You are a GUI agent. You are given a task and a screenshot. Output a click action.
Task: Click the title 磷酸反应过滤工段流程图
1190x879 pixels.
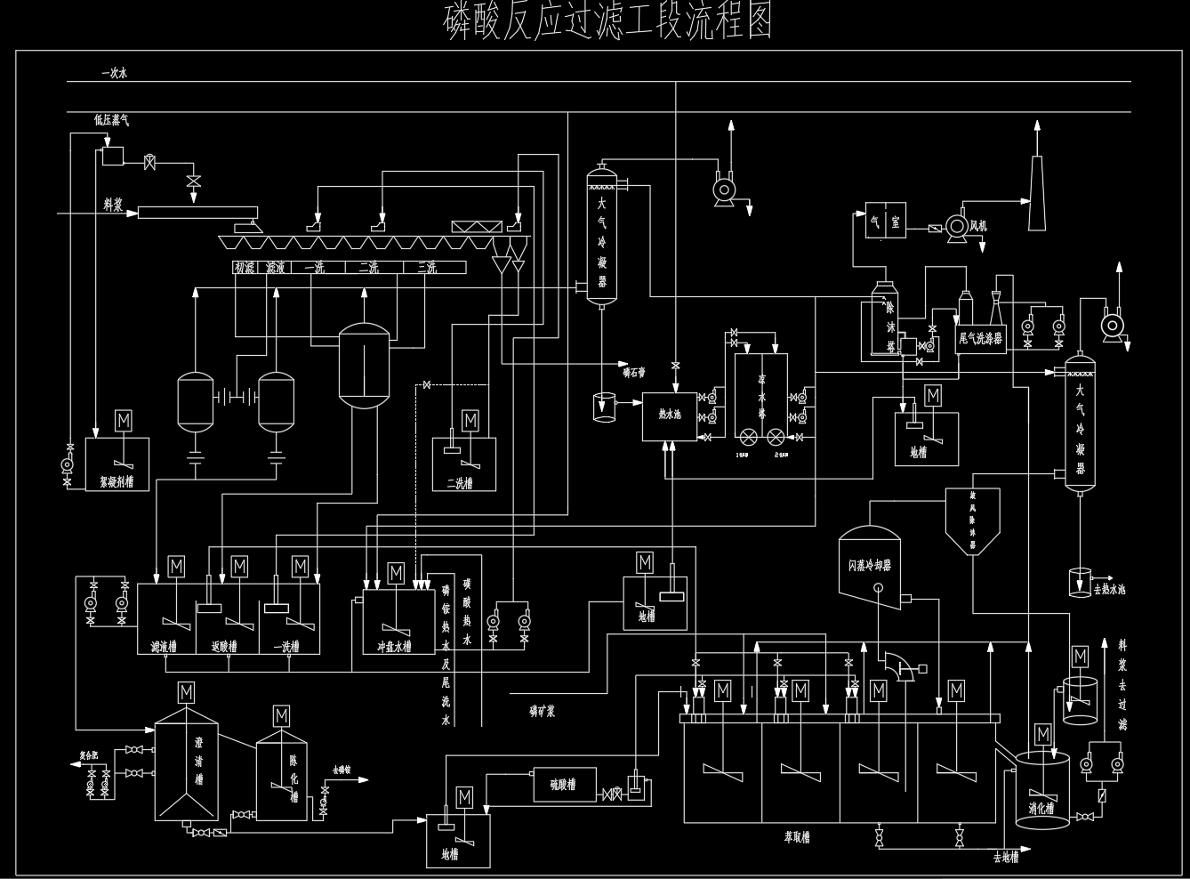[x=608, y=21]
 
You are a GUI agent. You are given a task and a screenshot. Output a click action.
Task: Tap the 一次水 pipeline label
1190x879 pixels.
[x=114, y=74]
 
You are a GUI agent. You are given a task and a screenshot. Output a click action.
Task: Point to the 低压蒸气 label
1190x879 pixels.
[x=111, y=119]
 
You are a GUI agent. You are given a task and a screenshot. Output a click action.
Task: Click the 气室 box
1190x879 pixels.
[x=884, y=222]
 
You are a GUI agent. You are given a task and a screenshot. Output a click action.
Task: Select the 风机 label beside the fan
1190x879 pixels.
[x=978, y=226]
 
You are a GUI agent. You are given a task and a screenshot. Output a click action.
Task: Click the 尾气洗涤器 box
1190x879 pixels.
[x=981, y=339]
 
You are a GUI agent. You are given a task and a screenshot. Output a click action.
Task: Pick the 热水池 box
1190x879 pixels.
[x=670, y=415]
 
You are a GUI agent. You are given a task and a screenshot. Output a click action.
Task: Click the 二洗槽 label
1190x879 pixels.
[x=460, y=484]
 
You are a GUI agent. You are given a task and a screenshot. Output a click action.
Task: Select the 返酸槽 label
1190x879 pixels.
[x=224, y=647]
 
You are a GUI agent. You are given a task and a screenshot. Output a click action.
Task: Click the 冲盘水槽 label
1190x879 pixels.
[x=395, y=647]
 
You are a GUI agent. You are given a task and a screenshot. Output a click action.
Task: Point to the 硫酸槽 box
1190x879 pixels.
[x=562, y=784]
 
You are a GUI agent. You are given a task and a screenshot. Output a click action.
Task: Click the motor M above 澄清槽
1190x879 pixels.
[x=186, y=691]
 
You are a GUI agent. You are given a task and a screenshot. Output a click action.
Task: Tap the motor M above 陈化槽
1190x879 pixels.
[x=281, y=715]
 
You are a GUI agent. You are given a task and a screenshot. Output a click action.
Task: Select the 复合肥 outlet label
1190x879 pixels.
[x=89, y=754]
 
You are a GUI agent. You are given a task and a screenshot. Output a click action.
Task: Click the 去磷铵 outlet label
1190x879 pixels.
[x=342, y=770]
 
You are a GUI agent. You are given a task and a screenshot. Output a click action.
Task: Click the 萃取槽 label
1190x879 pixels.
[x=797, y=837]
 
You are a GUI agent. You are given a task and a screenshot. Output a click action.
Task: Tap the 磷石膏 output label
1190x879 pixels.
[x=634, y=372]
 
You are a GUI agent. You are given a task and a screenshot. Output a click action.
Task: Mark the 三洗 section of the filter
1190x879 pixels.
[x=428, y=267]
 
